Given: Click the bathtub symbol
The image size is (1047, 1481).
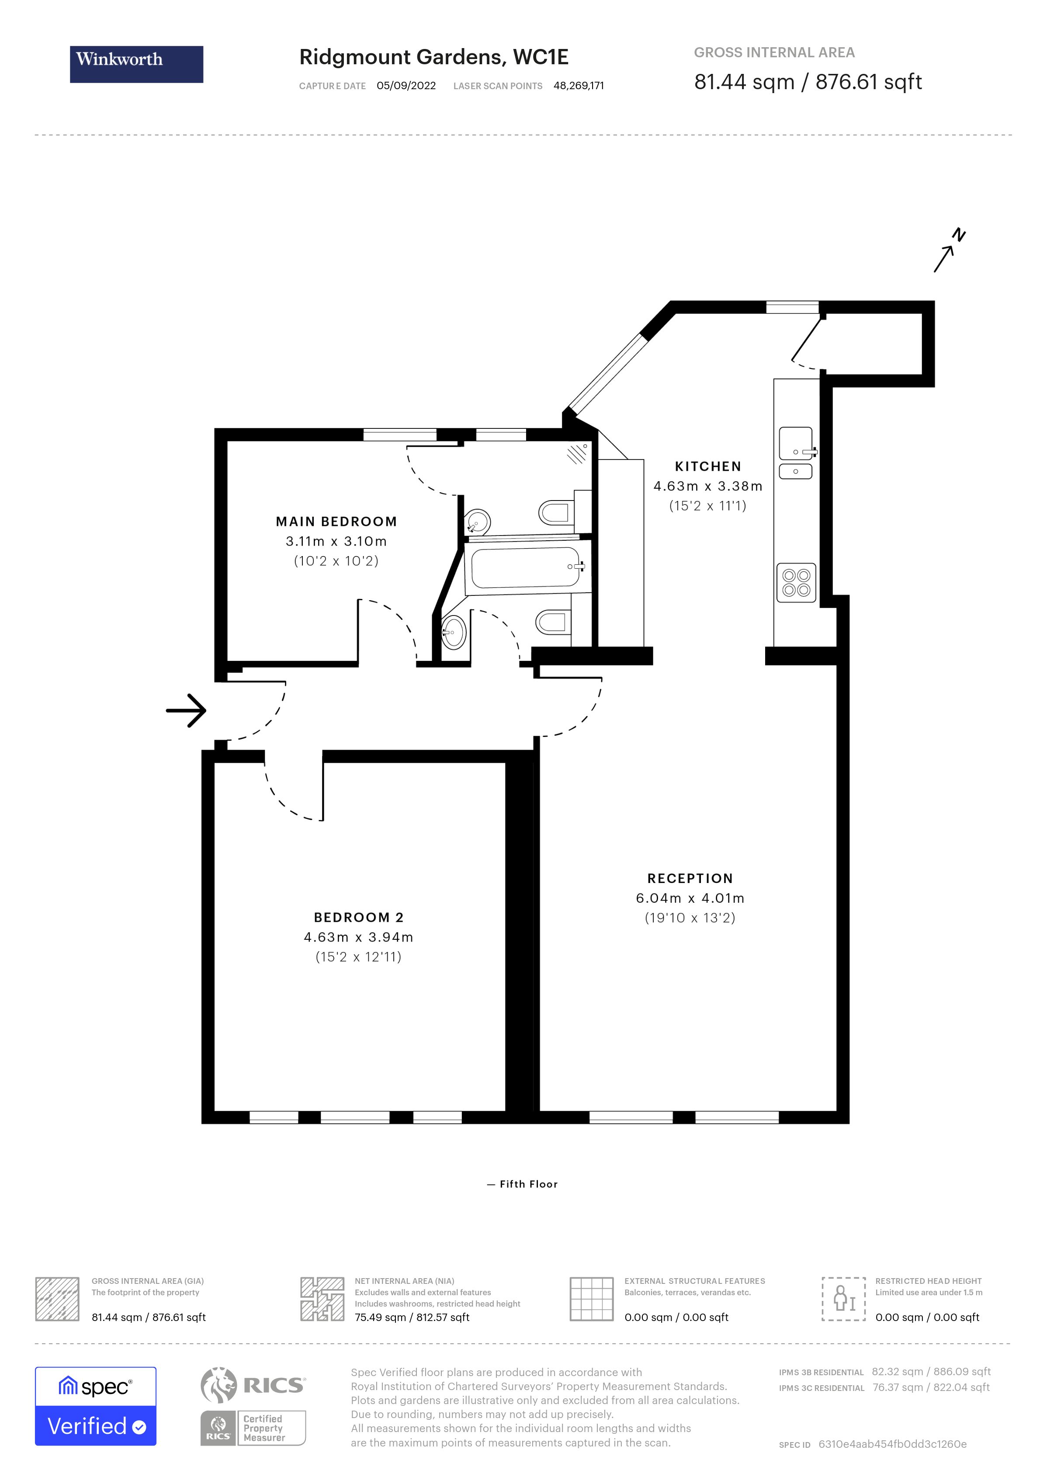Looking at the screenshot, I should click(x=526, y=567).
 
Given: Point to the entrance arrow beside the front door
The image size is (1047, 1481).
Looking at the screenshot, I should click(x=186, y=710).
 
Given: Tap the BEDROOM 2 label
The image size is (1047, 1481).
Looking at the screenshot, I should click(x=358, y=917).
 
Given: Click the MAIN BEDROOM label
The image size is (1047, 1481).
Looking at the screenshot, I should click(x=336, y=521).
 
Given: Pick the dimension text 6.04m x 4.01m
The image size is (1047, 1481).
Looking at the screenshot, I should click(x=690, y=898).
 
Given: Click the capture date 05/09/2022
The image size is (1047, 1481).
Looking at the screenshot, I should click(x=406, y=86).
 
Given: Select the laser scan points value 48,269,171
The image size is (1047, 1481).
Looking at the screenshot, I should click(x=578, y=86).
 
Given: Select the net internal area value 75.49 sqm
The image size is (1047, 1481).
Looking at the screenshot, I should click(x=380, y=1317).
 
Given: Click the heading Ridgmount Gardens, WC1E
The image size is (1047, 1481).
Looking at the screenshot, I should click(x=433, y=57).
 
